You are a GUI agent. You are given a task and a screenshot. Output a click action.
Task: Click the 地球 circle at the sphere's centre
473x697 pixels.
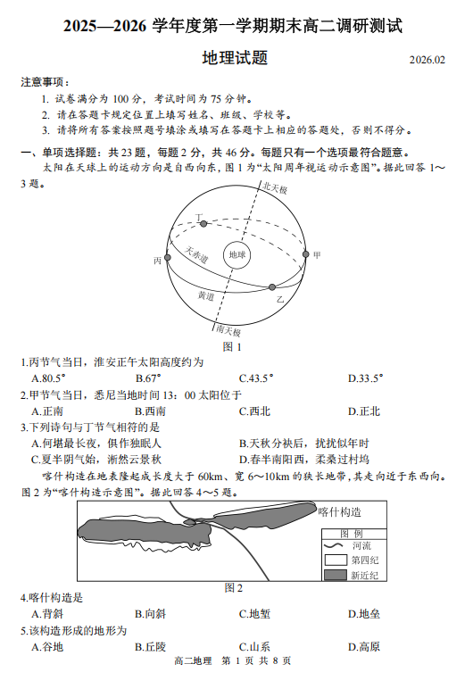[236, 254]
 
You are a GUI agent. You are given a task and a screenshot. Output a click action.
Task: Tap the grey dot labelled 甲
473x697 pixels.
[305, 254]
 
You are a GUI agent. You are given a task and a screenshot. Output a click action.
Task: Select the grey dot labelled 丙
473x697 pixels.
[168, 258]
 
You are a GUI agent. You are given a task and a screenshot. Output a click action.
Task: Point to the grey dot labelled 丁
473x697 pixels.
[203, 224]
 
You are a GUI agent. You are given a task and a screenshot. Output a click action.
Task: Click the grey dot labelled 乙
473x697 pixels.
[272, 287]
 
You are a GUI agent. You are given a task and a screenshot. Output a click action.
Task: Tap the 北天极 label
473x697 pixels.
[275, 188]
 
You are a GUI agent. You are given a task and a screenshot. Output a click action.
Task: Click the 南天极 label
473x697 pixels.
[228, 330]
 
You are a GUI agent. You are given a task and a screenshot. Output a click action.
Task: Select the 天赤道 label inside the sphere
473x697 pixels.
[196, 254]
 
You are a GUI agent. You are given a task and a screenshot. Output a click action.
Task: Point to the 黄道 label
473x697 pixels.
[206, 295]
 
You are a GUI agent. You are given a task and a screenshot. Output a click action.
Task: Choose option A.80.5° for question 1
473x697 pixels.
[48, 378]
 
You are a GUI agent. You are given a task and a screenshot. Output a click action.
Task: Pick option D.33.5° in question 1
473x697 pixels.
[365, 378]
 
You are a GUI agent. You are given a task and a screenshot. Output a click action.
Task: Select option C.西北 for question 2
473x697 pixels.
[254, 411]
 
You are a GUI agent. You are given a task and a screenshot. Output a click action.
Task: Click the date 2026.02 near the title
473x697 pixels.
[427, 60]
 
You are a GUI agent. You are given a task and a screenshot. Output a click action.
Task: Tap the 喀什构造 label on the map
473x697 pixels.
[340, 512]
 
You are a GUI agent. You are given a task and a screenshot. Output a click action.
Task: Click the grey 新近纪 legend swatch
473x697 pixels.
[336, 576]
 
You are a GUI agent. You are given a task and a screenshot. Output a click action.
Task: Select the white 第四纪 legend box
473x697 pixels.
[336, 560]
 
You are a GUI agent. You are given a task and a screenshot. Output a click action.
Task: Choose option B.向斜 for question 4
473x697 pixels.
[151, 614]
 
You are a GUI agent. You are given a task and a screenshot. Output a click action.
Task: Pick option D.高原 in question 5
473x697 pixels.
[364, 647]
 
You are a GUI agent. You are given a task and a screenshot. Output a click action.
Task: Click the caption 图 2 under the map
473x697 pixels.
[234, 588]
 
